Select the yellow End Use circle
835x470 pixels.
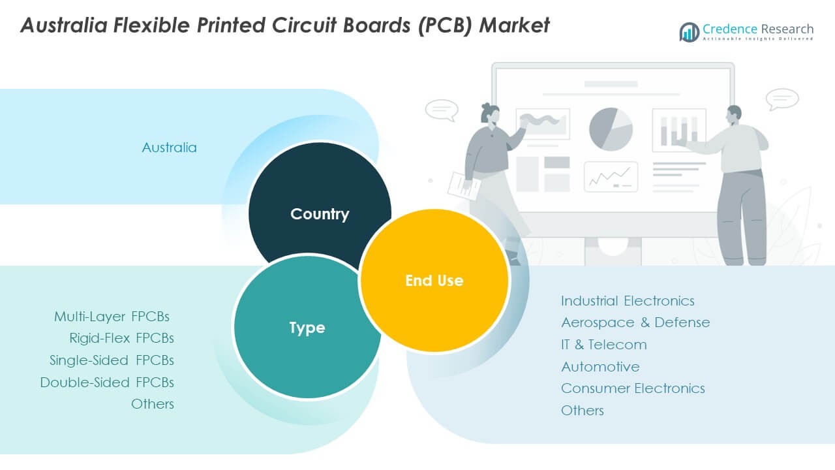tap(434, 281)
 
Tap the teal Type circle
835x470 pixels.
tap(307, 328)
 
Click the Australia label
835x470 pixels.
tap(169, 148)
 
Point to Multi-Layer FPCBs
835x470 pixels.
tap(112, 317)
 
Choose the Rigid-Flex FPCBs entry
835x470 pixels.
tap(121, 338)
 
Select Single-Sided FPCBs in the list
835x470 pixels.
tap(112, 360)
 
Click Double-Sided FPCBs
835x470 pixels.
tap(107, 383)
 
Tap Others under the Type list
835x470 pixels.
tap(153, 404)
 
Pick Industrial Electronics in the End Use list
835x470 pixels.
tap(628, 301)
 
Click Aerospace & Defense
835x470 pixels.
tap(635, 322)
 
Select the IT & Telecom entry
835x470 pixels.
tap(604, 345)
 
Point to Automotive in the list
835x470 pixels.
tap(600, 367)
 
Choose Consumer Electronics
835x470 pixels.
tap(633, 388)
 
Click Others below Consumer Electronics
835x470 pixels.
tap(583, 411)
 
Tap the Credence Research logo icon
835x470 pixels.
tap(689, 31)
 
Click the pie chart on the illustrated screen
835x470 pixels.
tap(611, 129)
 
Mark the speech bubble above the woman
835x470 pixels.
tap(442, 110)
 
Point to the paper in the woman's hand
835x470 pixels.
tap(464, 185)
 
